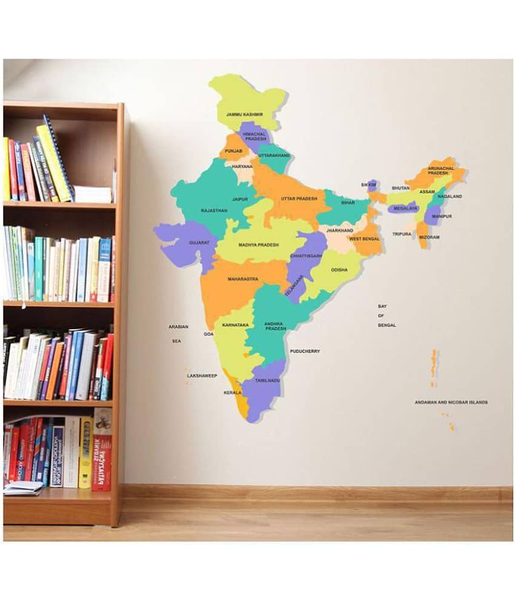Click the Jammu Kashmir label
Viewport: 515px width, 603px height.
click(244, 114)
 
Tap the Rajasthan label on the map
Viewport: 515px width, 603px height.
click(214, 210)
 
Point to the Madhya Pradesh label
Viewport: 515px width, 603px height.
click(258, 245)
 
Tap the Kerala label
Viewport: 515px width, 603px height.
click(232, 393)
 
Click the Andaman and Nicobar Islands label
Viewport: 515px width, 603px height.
click(451, 402)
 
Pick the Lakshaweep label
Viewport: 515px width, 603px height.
click(202, 376)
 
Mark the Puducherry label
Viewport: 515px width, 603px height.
click(304, 351)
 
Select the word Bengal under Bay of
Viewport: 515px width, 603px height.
click(387, 325)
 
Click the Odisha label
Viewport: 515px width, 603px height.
click(339, 270)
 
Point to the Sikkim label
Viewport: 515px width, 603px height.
click(368, 184)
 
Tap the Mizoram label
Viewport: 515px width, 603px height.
click(429, 237)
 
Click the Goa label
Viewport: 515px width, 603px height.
click(208, 334)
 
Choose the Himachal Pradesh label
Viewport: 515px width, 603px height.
click(254, 136)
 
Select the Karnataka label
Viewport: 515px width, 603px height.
click(235, 325)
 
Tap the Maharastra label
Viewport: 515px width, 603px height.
click(243, 279)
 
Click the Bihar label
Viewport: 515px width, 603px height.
click(348, 202)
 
